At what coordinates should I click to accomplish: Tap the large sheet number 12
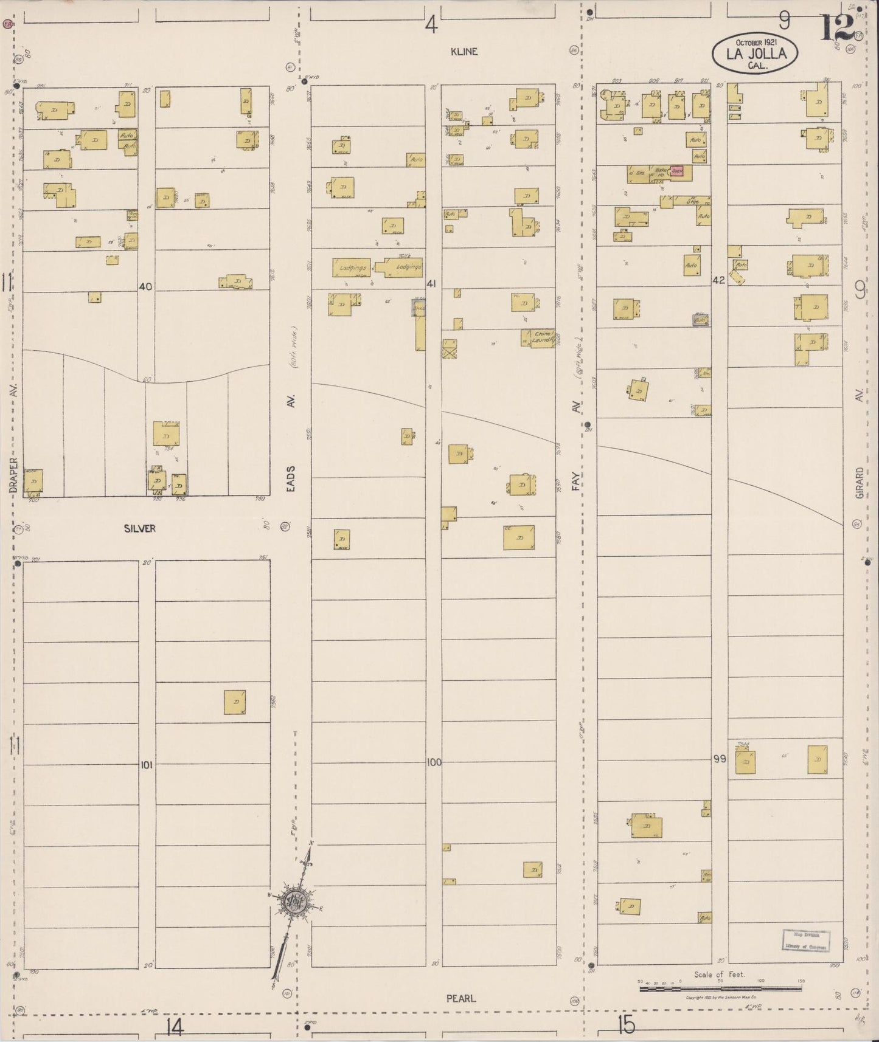[838, 27]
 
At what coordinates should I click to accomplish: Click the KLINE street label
[464, 52]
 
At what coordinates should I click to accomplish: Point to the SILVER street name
[140, 528]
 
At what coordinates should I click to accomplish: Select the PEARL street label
[461, 998]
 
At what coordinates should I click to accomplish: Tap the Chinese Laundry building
[538, 337]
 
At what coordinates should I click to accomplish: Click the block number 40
[145, 286]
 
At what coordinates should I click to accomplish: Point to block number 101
[146, 765]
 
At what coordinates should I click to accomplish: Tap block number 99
[720, 759]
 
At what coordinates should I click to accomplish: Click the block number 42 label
[719, 280]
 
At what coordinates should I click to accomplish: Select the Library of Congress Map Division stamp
[805, 940]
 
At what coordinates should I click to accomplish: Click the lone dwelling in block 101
[235, 702]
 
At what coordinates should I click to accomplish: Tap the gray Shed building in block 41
[419, 307]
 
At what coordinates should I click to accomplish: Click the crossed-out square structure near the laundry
[450, 350]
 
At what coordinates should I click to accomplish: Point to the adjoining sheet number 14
[174, 1027]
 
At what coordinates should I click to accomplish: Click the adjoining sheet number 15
[625, 1026]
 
